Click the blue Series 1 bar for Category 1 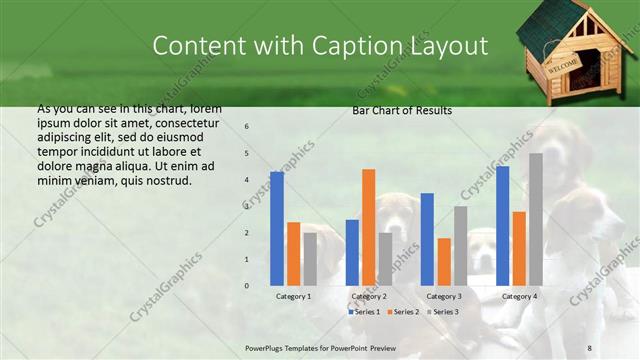pyautogui.click(x=277, y=229)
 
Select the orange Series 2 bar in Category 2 pyautogui.click(x=368, y=227)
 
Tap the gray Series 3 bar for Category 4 pyautogui.click(x=536, y=219)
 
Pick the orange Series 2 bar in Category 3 pyautogui.click(x=444, y=261)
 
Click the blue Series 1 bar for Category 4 pyautogui.click(x=502, y=225)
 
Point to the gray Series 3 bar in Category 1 pyautogui.click(x=310, y=259)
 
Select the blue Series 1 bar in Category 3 pyautogui.click(x=427, y=239)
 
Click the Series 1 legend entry pyautogui.click(x=364, y=312)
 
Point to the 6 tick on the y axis pyautogui.click(x=247, y=127)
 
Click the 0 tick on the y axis pyautogui.click(x=247, y=286)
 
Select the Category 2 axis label pyautogui.click(x=368, y=297)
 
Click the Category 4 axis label pyautogui.click(x=519, y=297)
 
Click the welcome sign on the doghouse pyautogui.click(x=563, y=66)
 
